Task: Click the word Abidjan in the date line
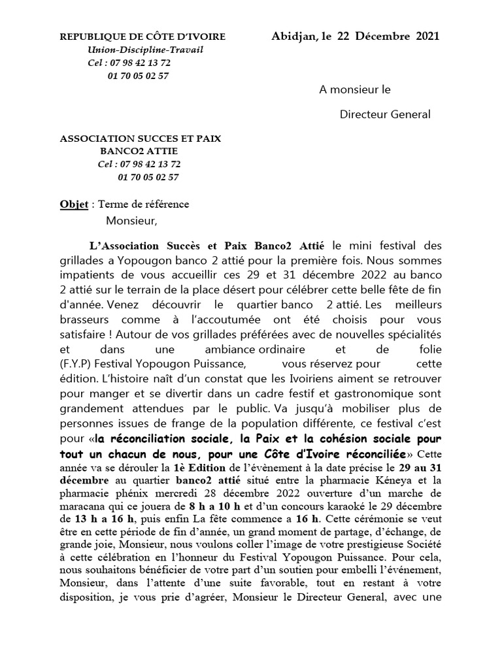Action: pos(292,35)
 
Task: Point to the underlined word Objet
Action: pos(74,204)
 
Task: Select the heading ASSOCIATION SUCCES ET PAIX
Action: pos(140,139)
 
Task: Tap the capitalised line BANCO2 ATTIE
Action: pos(139,151)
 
